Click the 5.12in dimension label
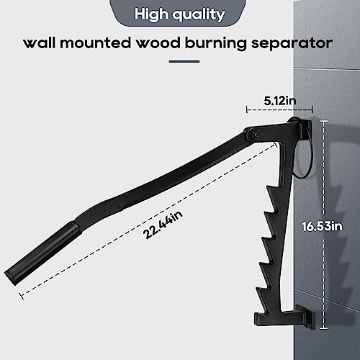(x=280, y=101)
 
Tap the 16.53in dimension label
(x=322, y=227)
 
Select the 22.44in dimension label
(x=163, y=225)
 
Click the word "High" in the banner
(x=151, y=14)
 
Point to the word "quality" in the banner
(x=199, y=15)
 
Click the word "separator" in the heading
(x=292, y=44)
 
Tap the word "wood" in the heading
(x=158, y=43)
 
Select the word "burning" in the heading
(x=216, y=44)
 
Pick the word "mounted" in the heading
(x=95, y=43)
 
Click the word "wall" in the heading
(x=40, y=43)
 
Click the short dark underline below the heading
(x=184, y=61)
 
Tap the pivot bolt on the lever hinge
(x=257, y=135)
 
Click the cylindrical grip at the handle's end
(x=42, y=253)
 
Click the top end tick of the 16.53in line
(x=323, y=122)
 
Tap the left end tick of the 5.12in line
(x=247, y=110)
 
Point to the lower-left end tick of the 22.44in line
(x=22, y=296)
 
